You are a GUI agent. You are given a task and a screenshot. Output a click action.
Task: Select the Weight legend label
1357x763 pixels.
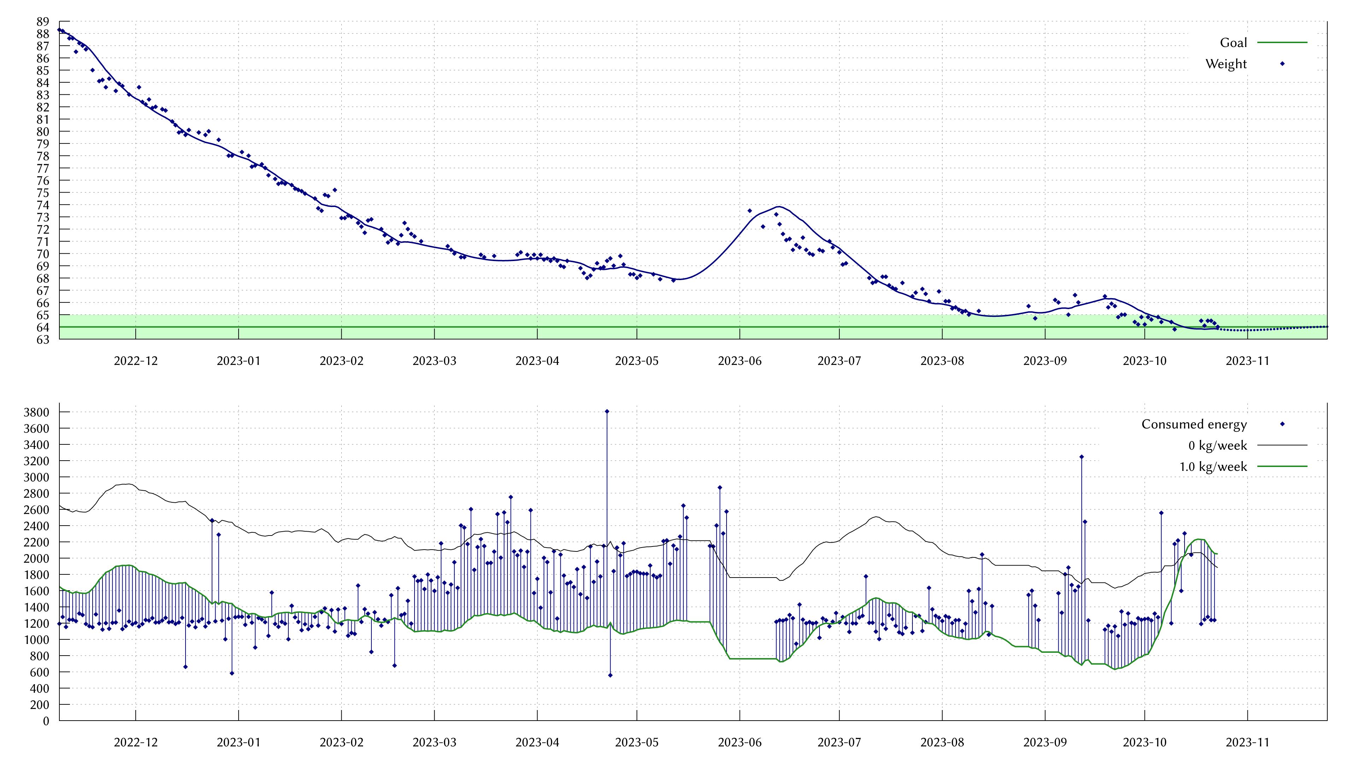tap(1226, 64)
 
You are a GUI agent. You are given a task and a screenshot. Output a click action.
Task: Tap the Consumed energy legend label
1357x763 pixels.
tap(1194, 424)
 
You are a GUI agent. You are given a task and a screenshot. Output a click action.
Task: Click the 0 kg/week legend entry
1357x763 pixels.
tap(1217, 445)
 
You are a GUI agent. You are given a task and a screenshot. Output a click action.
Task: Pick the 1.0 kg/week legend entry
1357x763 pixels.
tap(1213, 467)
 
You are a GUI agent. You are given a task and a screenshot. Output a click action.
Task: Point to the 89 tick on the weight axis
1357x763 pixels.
tap(43, 22)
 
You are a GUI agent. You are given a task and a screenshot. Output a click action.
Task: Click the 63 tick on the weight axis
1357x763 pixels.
tap(43, 339)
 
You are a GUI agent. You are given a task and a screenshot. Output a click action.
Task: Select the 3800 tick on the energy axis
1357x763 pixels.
tap(36, 412)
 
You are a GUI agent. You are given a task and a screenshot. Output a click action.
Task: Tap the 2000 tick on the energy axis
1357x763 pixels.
tap(36, 558)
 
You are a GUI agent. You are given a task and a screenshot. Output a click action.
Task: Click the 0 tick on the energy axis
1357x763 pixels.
tap(46, 721)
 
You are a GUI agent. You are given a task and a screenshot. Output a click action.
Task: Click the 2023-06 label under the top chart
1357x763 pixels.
tap(740, 361)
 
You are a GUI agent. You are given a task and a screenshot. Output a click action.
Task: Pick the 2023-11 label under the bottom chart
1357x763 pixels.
tap(1247, 743)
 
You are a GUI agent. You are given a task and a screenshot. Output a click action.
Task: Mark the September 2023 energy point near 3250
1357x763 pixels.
tap(1081, 457)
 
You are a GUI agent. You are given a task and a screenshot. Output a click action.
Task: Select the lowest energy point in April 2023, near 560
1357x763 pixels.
tap(610, 675)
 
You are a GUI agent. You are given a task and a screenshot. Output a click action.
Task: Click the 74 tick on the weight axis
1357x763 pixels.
tap(43, 205)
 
